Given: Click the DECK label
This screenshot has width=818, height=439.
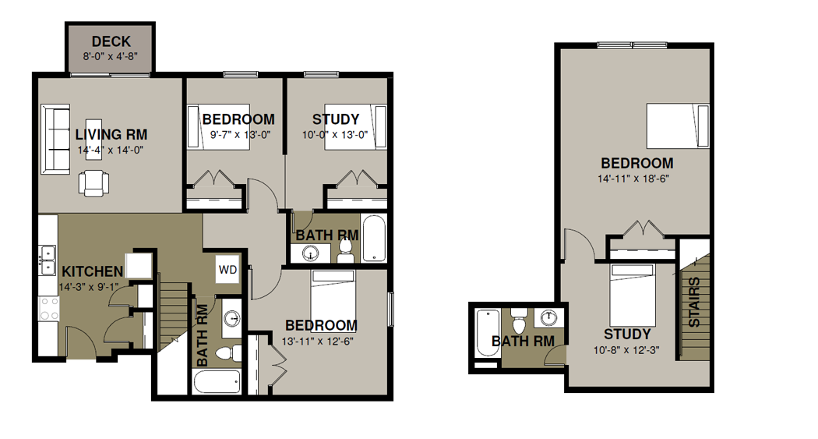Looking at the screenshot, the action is click(111, 41).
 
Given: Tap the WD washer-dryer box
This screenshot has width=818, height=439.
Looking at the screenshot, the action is click(228, 269).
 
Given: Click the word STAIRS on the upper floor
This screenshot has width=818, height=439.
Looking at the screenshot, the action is click(694, 303).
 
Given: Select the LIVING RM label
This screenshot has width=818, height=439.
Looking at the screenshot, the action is click(111, 135).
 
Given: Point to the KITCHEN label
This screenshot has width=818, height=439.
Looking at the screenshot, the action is click(93, 271).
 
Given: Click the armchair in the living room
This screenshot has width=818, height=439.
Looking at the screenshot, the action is click(94, 183).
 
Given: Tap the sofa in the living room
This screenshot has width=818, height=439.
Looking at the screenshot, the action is click(55, 140).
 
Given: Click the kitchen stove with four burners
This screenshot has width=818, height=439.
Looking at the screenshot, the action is click(48, 309).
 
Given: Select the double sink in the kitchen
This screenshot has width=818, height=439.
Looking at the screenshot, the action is click(48, 260).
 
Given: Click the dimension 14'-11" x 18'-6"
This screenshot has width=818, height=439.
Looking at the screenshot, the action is click(633, 179).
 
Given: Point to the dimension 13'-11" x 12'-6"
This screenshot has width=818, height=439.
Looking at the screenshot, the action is click(318, 342).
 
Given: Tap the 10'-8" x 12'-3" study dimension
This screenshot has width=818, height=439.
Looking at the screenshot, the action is click(626, 350).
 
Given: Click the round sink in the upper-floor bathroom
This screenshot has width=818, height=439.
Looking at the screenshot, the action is click(548, 318).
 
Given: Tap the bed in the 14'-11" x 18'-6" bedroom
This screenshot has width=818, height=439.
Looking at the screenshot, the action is click(678, 126).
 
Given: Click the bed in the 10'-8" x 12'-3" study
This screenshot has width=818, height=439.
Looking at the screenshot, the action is click(633, 295).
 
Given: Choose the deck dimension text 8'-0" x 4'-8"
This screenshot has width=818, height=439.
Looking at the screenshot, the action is click(110, 56).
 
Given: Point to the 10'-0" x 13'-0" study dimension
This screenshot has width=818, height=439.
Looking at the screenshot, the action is click(335, 135).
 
